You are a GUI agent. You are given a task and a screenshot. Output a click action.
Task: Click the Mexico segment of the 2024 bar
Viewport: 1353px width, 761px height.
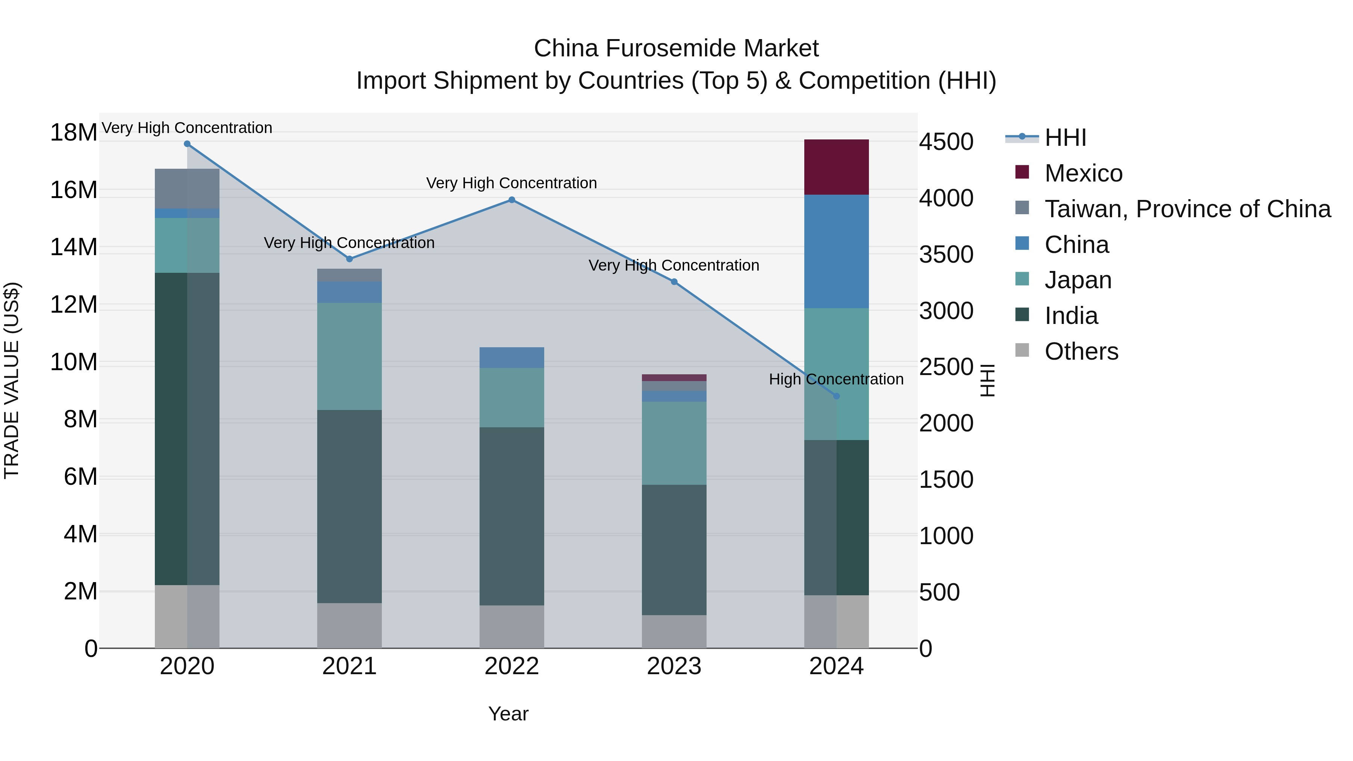click(x=836, y=167)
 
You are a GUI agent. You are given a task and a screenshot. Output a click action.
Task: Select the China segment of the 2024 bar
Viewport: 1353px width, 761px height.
click(x=836, y=251)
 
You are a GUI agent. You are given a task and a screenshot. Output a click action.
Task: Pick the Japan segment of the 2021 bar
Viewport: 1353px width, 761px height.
click(x=349, y=356)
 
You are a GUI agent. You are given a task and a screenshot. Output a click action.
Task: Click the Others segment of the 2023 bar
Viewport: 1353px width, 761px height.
click(x=674, y=631)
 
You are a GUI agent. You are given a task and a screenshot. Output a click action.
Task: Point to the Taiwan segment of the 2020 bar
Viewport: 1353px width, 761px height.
click(x=187, y=189)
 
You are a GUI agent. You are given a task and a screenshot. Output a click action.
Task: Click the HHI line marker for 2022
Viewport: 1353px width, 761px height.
click(x=512, y=200)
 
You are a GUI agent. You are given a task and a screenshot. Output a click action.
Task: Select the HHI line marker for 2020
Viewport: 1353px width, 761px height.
click(x=187, y=144)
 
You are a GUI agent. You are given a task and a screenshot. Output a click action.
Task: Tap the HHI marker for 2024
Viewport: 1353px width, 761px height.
click(x=837, y=396)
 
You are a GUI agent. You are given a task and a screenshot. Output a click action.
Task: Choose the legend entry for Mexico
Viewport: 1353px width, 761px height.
click(x=1083, y=173)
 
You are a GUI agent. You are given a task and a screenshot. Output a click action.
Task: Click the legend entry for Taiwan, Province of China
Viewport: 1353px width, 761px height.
click(x=1187, y=209)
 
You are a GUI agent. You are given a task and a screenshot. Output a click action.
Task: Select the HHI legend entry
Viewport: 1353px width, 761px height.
click(x=1065, y=138)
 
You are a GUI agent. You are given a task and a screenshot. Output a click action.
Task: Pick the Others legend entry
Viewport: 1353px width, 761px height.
click(x=1081, y=351)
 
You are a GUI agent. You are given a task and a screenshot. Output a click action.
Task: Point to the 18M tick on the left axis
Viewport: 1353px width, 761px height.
click(x=74, y=132)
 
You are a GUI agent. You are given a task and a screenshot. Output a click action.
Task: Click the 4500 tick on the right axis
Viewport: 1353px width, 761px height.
click(x=946, y=142)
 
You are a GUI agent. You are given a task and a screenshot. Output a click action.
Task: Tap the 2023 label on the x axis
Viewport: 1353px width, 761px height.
click(x=674, y=666)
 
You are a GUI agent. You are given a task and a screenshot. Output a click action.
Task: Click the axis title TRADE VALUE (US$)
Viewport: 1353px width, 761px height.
click(x=12, y=380)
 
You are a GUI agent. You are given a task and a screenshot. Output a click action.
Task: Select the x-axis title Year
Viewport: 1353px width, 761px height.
click(x=508, y=714)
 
